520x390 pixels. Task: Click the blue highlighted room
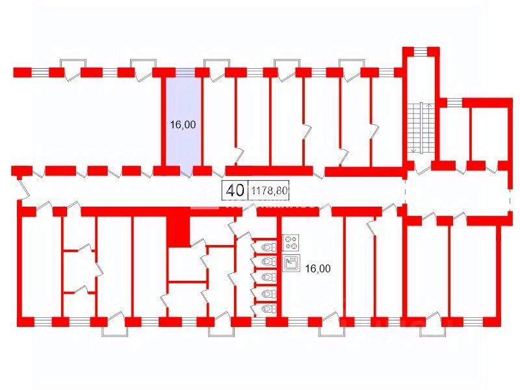pyautogui.click(x=182, y=117)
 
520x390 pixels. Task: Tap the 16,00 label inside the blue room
pyautogui.click(x=183, y=126)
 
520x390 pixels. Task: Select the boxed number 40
pyautogui.click(x=235, y=190)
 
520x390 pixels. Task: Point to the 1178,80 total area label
pyautogui.click(x=268, y=191)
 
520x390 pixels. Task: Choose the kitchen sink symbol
pyautogui.click(x=292, y=263)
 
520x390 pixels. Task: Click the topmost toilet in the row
pyautogui.click(x=266, y=247)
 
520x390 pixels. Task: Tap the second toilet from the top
pyautogui.click(x=266, y=262)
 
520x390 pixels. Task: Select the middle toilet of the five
pyautogui.click(x=266, y=278)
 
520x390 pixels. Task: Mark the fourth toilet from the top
pyautogui.click(x=266, y=293)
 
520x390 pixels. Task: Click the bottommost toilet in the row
pyautogui.click(x=266, y=308)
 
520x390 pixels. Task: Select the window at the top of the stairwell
pyautogui.click(x=421, y=51)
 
